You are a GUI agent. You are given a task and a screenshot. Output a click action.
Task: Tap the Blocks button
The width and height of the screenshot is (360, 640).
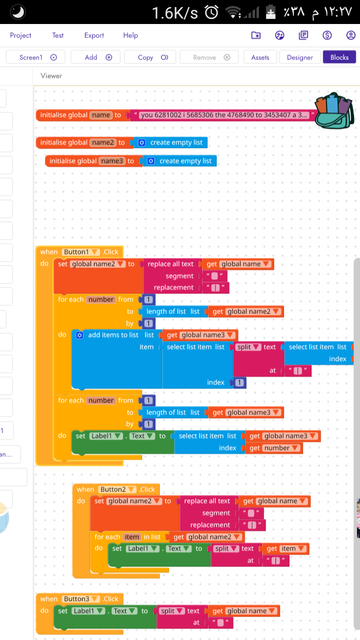[339, 57]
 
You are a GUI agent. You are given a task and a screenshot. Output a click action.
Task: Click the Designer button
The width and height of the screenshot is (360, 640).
[299, 57]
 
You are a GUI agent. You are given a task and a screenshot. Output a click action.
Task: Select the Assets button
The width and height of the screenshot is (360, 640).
[260, 57]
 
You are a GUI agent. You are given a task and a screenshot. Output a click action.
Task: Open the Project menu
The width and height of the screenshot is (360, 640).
[20, 35]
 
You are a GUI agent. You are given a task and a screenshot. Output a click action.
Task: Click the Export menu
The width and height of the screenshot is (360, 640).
[94, 35]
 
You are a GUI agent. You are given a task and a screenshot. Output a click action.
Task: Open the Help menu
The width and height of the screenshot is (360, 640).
[130, 35]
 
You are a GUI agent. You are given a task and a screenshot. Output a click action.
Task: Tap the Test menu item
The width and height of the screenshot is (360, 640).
[58, 35]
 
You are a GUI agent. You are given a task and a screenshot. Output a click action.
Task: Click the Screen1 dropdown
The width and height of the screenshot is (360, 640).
[38, 57]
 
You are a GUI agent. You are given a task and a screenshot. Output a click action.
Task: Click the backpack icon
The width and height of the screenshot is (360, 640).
[334, 110]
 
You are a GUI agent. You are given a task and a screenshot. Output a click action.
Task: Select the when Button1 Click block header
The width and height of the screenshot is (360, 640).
[49, 252]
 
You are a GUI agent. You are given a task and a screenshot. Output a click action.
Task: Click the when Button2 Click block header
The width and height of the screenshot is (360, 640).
[85, 489]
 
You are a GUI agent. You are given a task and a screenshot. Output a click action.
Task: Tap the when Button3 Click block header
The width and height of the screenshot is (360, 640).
[49, 599]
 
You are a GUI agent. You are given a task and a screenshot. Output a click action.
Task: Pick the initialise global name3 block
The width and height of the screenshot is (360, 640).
[72, 161]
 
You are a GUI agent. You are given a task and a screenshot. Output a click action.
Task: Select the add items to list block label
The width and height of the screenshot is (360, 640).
[113, 335]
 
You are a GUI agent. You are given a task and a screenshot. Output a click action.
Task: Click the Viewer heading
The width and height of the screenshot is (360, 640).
[51, 76]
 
